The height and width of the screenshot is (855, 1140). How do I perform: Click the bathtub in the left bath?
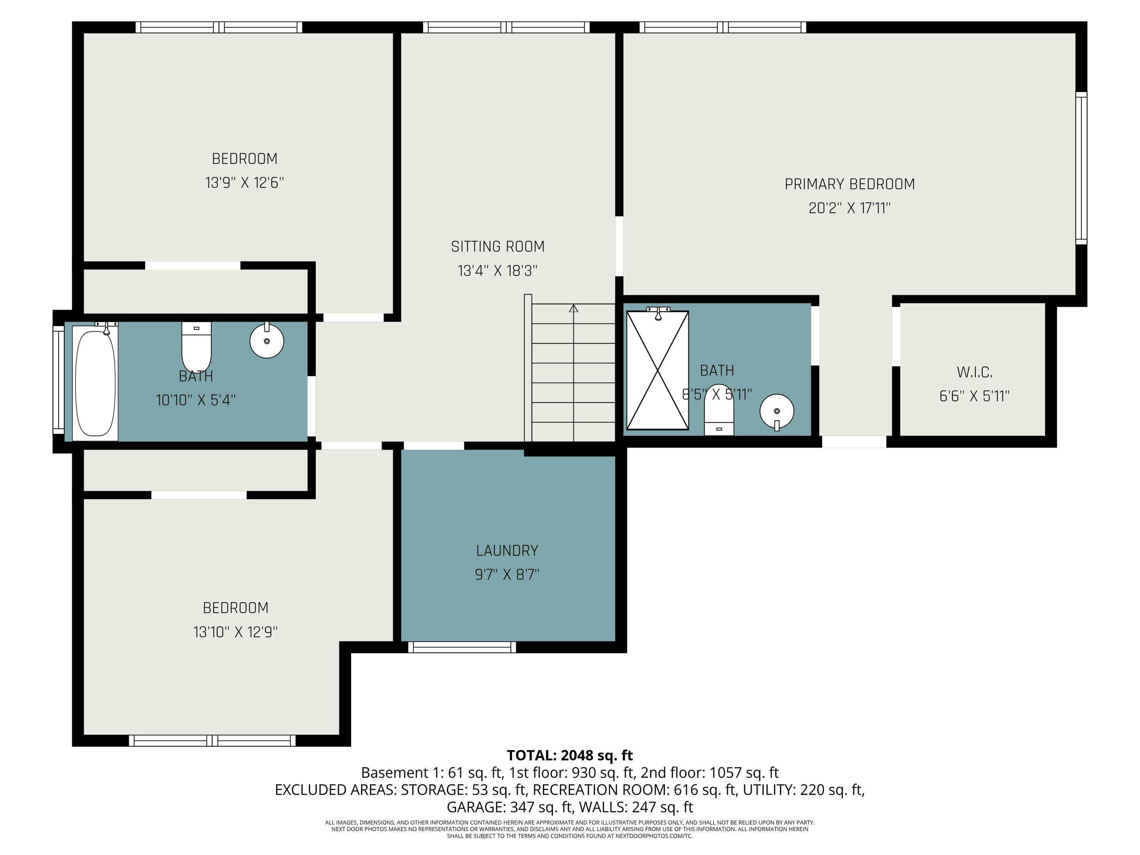(95, 383)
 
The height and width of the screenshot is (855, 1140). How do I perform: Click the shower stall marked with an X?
(658, 370)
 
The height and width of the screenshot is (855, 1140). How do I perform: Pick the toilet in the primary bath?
(719, 410)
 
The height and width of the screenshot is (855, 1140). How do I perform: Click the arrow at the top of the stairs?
(573, 308)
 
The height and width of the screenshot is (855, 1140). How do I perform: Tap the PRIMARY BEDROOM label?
(850, 184)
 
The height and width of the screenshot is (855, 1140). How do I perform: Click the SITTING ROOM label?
(498, 247)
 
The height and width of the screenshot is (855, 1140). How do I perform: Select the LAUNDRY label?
(507, 550)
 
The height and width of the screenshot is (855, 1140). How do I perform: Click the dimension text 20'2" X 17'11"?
(850, 208)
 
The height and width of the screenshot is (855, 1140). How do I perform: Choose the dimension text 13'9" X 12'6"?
(245, 182)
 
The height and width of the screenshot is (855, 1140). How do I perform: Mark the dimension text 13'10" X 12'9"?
(236, 632)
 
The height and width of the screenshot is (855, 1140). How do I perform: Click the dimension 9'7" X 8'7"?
(507, 574)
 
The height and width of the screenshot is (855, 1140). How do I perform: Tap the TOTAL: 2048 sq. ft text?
(570, 755)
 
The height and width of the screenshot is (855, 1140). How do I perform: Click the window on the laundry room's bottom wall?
(462, 647)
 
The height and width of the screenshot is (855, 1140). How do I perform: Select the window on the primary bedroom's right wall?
(1081, 168)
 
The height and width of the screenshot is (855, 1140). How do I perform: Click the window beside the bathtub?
(58, 380)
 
